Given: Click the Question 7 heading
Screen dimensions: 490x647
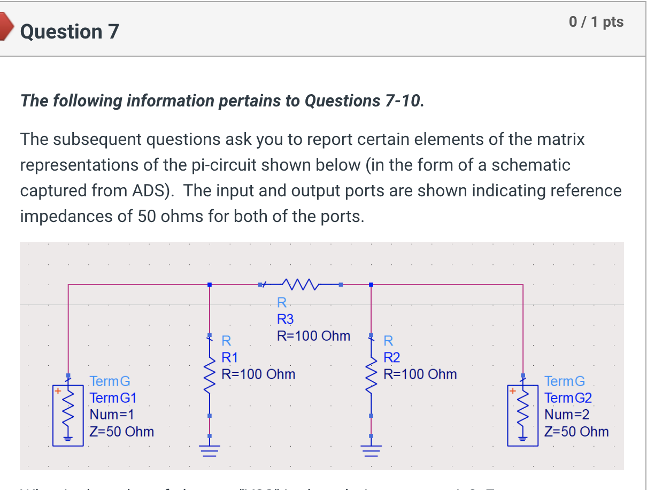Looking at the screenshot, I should point(70,32).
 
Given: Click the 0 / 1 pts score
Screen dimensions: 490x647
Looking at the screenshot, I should point(596,22).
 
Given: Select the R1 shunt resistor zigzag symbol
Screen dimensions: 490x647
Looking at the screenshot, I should point(210,374).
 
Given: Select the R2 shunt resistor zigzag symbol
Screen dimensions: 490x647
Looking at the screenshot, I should point(371,374).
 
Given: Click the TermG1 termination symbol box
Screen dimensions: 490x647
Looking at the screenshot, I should point(68,415).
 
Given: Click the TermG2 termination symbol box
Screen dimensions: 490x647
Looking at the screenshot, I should point(523,415).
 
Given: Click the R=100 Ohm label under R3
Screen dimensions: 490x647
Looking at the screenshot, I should point(313,336).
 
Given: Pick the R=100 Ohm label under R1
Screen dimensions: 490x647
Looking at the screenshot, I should point(258,373).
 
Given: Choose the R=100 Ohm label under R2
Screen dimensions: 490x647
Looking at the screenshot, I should point(420,373).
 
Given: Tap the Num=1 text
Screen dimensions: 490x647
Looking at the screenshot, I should point(112,415).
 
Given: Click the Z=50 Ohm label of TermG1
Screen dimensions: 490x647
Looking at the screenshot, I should point(121,431).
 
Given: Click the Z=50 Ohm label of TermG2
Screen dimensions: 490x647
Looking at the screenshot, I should point(576,431).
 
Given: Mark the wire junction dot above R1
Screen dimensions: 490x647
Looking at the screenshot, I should point(210,285).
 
